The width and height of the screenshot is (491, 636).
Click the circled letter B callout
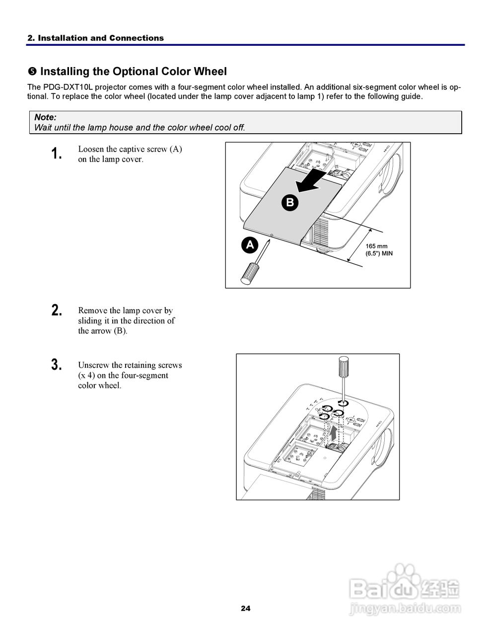click(290, 202)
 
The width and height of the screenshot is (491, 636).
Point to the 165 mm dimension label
click(376, 246)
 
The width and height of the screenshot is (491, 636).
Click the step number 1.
click(57, 154)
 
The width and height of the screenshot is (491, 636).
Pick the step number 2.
click(57, 311)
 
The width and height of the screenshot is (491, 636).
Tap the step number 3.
click(57, 365)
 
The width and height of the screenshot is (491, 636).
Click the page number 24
click(246, 608)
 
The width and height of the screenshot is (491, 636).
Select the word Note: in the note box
click(45, 117)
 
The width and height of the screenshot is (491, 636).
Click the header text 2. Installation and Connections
click(95, 38)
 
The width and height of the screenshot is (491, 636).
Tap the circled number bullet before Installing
click(32, 72)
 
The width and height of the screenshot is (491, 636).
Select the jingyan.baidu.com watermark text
click(406, 608)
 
